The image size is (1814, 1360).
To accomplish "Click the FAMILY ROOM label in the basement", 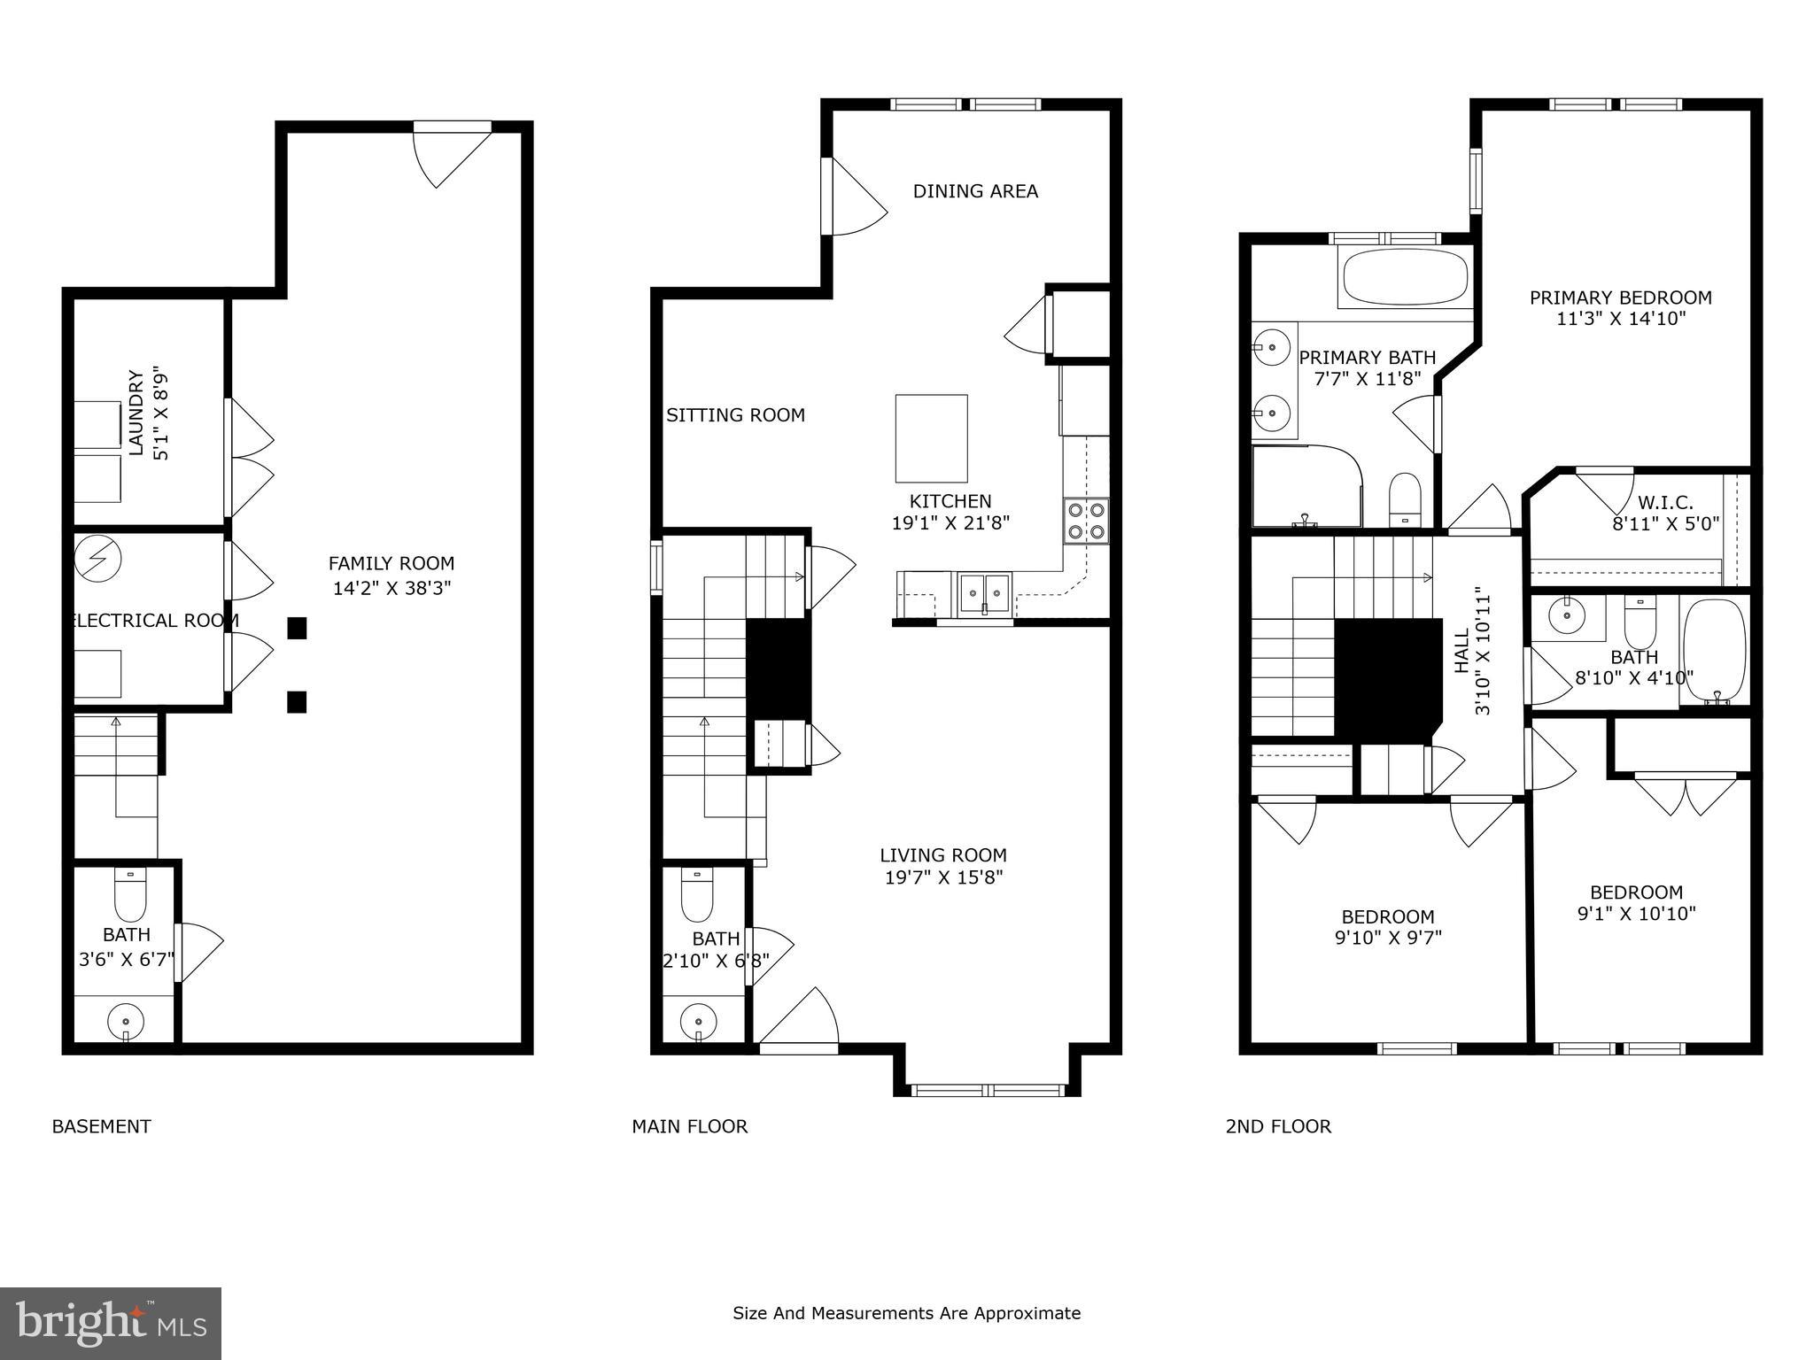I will click(x=391, y=564).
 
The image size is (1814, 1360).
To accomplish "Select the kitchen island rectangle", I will click(x=931, y=438).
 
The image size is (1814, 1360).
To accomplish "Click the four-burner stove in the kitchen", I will click(x=1086, y=521).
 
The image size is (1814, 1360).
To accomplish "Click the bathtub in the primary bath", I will click(x=1405, y=277).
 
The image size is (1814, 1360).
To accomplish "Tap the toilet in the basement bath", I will click(x=130, y=895).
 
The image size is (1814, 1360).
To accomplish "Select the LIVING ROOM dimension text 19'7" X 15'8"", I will click(x=943, y=877).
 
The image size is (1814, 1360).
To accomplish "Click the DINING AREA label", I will click(x=975, y=191).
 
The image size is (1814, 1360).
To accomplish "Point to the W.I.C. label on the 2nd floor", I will click(x=1665, y=503).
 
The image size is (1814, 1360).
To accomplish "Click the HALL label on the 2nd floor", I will click(x=1462, y=651).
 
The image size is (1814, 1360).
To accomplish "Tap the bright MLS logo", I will click(x=111, y=1324).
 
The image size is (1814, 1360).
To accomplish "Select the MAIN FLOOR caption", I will click(x=689, y=1126).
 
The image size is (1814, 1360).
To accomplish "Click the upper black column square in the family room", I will click(x=297, y=628).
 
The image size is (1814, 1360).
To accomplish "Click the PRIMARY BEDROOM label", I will click(x=1620, y=297).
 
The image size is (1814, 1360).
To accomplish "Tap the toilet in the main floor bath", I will click(x=697, y=895).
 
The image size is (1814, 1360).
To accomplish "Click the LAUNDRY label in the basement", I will click(x=136, y=413).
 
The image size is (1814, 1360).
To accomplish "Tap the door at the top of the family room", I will click(x=452, y=155).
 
